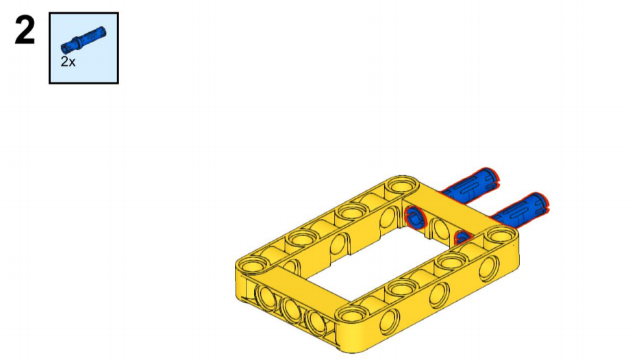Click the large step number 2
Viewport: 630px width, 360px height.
[x=25, y=30]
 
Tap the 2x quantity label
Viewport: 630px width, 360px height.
[x=68, y=62]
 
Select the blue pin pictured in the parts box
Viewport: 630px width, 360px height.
[x=84, y=40]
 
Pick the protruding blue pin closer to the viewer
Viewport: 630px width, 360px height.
[x=519, y=209]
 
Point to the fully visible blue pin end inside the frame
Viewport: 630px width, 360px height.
[x=415, y=218]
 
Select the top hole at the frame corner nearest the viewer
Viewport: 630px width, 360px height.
[x=352, y=314]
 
